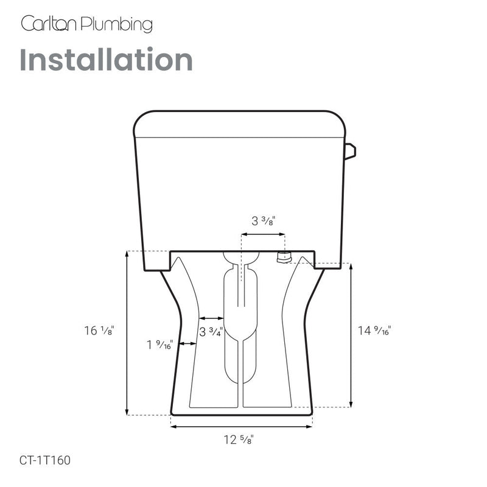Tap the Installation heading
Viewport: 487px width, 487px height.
pos(106,60)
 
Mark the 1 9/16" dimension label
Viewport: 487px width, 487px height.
pos(159,345)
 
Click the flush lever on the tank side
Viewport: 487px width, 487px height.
pos(349,151)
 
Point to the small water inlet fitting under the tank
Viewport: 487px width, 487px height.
pos(282,257)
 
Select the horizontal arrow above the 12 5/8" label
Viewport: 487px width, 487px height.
pos(242,427)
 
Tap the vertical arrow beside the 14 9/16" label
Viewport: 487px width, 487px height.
pos(351,335)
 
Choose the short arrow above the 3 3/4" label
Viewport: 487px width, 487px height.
pos(211,318)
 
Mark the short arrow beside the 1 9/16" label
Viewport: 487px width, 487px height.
pos(186,345)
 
